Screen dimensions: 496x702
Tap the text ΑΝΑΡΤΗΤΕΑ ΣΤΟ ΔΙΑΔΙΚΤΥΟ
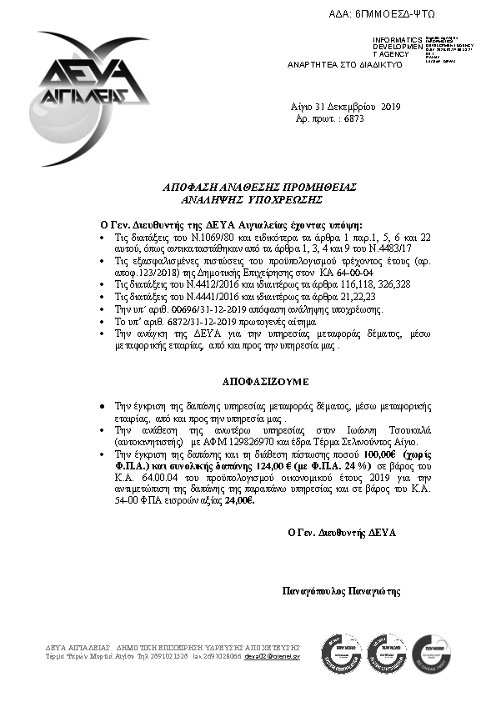(345, 64)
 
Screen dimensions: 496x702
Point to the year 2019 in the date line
(391, 107)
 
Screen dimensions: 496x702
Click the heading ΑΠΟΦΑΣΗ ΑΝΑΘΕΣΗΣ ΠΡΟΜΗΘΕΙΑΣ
(248, 189)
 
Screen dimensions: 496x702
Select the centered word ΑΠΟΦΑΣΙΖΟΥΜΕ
(265, 381)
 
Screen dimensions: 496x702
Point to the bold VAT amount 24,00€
(240, 502)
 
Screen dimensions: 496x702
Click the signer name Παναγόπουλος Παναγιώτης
(342, 591)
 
